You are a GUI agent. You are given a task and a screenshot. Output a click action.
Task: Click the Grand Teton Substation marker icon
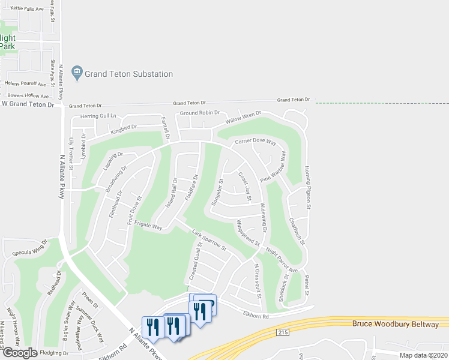(x=77, y=74)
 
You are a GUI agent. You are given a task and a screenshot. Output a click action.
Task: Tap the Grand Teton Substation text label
(x=129, y=74)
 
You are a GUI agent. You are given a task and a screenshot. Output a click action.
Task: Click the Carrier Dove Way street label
(x=256, y=142)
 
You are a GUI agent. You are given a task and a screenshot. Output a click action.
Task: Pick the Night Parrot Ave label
(x=282, y=262)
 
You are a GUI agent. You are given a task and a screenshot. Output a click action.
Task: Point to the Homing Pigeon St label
(x=308, y=187)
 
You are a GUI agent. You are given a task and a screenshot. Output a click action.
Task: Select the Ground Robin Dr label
(x=200, y=113)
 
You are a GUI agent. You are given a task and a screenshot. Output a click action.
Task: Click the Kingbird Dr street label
(x=124, y=128)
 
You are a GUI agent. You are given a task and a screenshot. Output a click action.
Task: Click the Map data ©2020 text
(x=423, y=355)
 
